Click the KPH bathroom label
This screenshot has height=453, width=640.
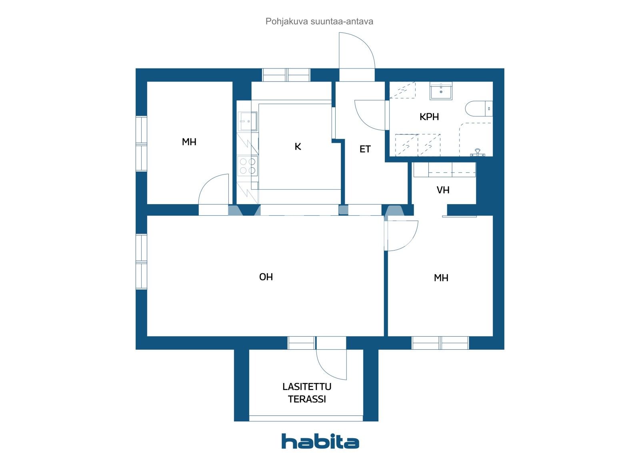pyautogui.click(x=429, y=117)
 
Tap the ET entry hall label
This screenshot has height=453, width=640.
pyautogui.click(x=365, y=149)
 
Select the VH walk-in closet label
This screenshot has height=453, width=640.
pyautogui.click(x=443, y=190)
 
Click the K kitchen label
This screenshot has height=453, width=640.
pyautogui.click(x=298, y=147)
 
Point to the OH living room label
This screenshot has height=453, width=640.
pyautogui.click(x=266, y=277)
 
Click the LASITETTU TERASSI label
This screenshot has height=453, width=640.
pyautogui.click(x=307, y=393)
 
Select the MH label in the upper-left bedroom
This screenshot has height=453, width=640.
pyautogui.click(x=189, y=142)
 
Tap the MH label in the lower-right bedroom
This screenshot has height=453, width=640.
pyautogui.click(x=441, y=278)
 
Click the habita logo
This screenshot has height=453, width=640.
pyautogui.click(x=320, y=441)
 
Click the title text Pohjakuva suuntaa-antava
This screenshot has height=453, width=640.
pyautogui.click(x=319, y=22)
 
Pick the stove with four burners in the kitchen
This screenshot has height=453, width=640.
pyautogui.click(x=247, y=166)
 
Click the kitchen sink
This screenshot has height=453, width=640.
pyautogui.click(x=247, y=121)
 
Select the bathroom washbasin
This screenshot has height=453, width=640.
pyautogui.click(x=441, y=91)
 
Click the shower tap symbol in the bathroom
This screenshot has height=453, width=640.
pyautogui.click(x=477, y=152)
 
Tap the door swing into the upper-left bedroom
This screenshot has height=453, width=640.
pyautogui.click(x=214, y=189)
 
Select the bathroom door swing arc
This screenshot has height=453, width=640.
pyautogui.click(x=370, y=115)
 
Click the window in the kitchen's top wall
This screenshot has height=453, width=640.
pyautogui.click(x=286, y=75)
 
